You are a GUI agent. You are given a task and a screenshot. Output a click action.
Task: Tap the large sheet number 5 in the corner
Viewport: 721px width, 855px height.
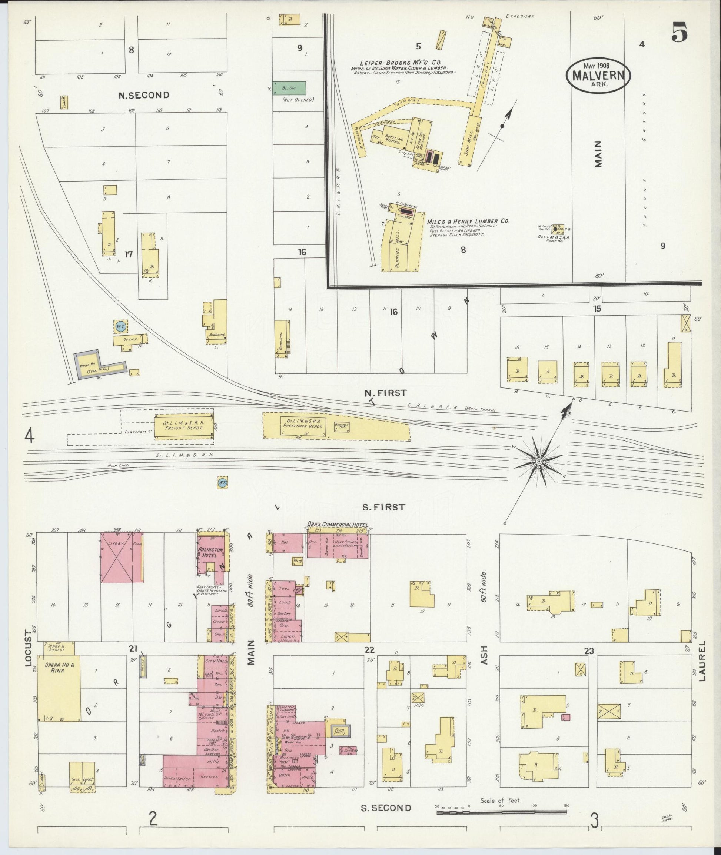point(679,33)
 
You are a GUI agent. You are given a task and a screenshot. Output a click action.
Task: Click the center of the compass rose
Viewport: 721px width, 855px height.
point(539,462)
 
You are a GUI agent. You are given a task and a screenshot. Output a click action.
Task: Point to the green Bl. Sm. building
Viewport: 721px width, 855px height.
point(289,87)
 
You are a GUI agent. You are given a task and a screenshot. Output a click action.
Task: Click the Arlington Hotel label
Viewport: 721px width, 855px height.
point(210,553)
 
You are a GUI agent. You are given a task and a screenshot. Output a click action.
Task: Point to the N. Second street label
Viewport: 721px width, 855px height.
point(143,95)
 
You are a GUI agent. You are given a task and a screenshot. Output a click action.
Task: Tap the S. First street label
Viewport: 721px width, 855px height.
point(383,507)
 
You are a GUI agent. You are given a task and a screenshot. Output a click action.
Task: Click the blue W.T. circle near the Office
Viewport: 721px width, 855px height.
point(120,326)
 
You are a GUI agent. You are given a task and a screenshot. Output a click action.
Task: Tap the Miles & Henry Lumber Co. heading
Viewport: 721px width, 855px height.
point(468,221)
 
